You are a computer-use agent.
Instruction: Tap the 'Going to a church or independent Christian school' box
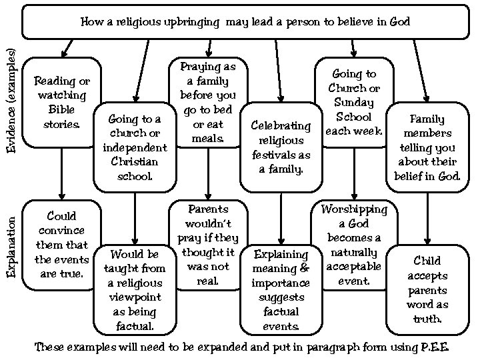click(135, 147)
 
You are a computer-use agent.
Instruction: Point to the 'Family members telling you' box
click(427, 147)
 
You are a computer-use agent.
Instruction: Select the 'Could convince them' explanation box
click(61, 244)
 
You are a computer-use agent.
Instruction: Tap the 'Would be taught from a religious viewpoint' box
click(135, 289)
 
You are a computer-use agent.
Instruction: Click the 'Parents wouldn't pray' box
click(208, 244)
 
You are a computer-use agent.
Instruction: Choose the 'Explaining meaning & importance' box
click(281, 289)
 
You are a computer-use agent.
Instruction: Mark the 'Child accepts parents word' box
click(427, 289)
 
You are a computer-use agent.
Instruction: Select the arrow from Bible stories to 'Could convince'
click(61, 172)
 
